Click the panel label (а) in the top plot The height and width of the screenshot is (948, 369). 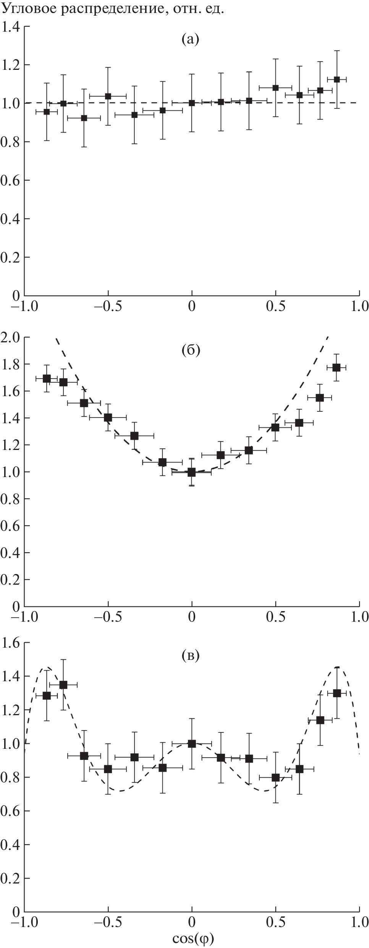[190, 39]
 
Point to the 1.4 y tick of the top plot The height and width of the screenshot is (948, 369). [10, 27]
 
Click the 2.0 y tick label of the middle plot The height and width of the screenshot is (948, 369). [10, 337]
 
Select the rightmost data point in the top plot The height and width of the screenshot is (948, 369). [337, 79]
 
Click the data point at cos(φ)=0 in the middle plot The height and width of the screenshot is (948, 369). [192, 472]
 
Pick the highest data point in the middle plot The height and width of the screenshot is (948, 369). [337, 368]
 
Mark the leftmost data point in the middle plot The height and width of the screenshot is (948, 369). [47, 379]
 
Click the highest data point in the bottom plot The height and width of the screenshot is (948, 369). [63, 685]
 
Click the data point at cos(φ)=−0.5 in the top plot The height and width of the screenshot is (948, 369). [108, 96]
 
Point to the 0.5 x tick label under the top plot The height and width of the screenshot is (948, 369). [275, 306]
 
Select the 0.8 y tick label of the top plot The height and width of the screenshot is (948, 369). [10, 142]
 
